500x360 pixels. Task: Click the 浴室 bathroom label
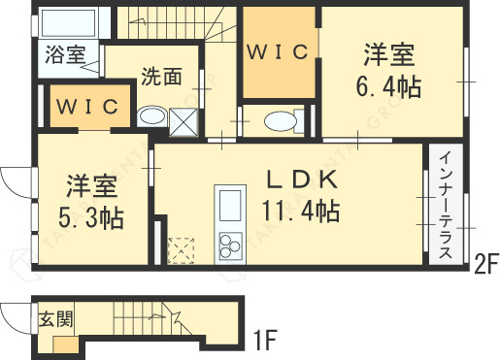tap(63, 54)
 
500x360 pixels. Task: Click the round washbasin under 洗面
tap(150, 117)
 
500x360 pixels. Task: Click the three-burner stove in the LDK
tap(232, 246)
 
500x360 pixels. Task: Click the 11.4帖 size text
tap(299, 209)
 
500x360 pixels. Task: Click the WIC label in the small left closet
tap(86, 106)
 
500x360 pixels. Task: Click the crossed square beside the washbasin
tap(183, 119)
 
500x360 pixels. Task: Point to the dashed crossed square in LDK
tap(181, 250)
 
